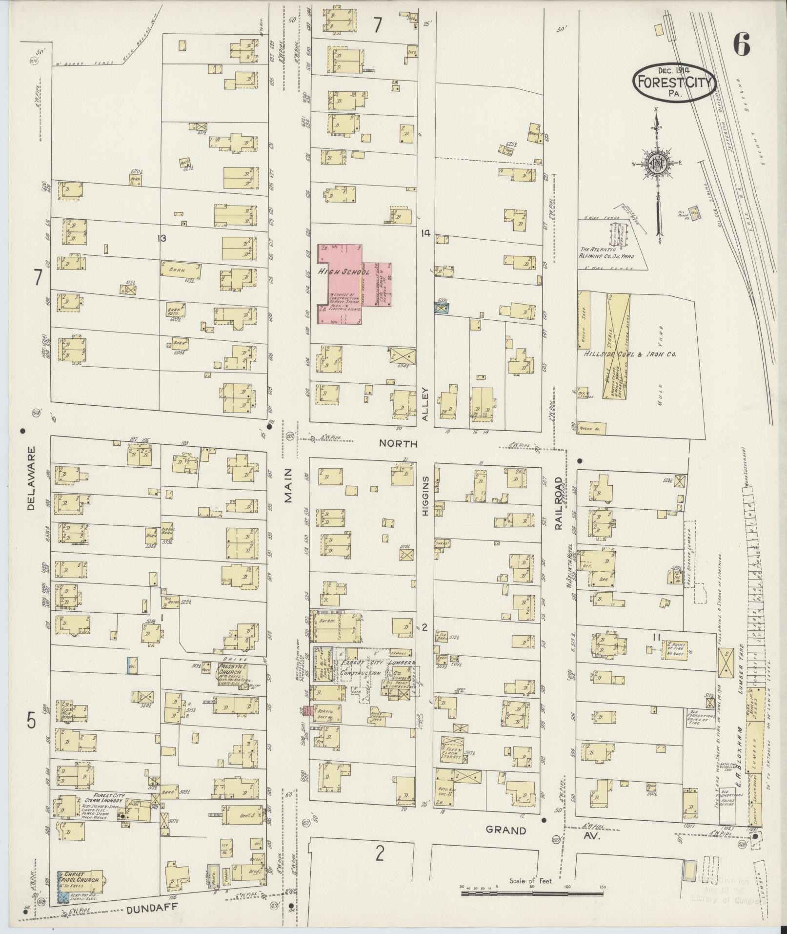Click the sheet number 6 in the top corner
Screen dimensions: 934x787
click(741, 46)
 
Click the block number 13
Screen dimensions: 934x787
click(161, 238)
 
